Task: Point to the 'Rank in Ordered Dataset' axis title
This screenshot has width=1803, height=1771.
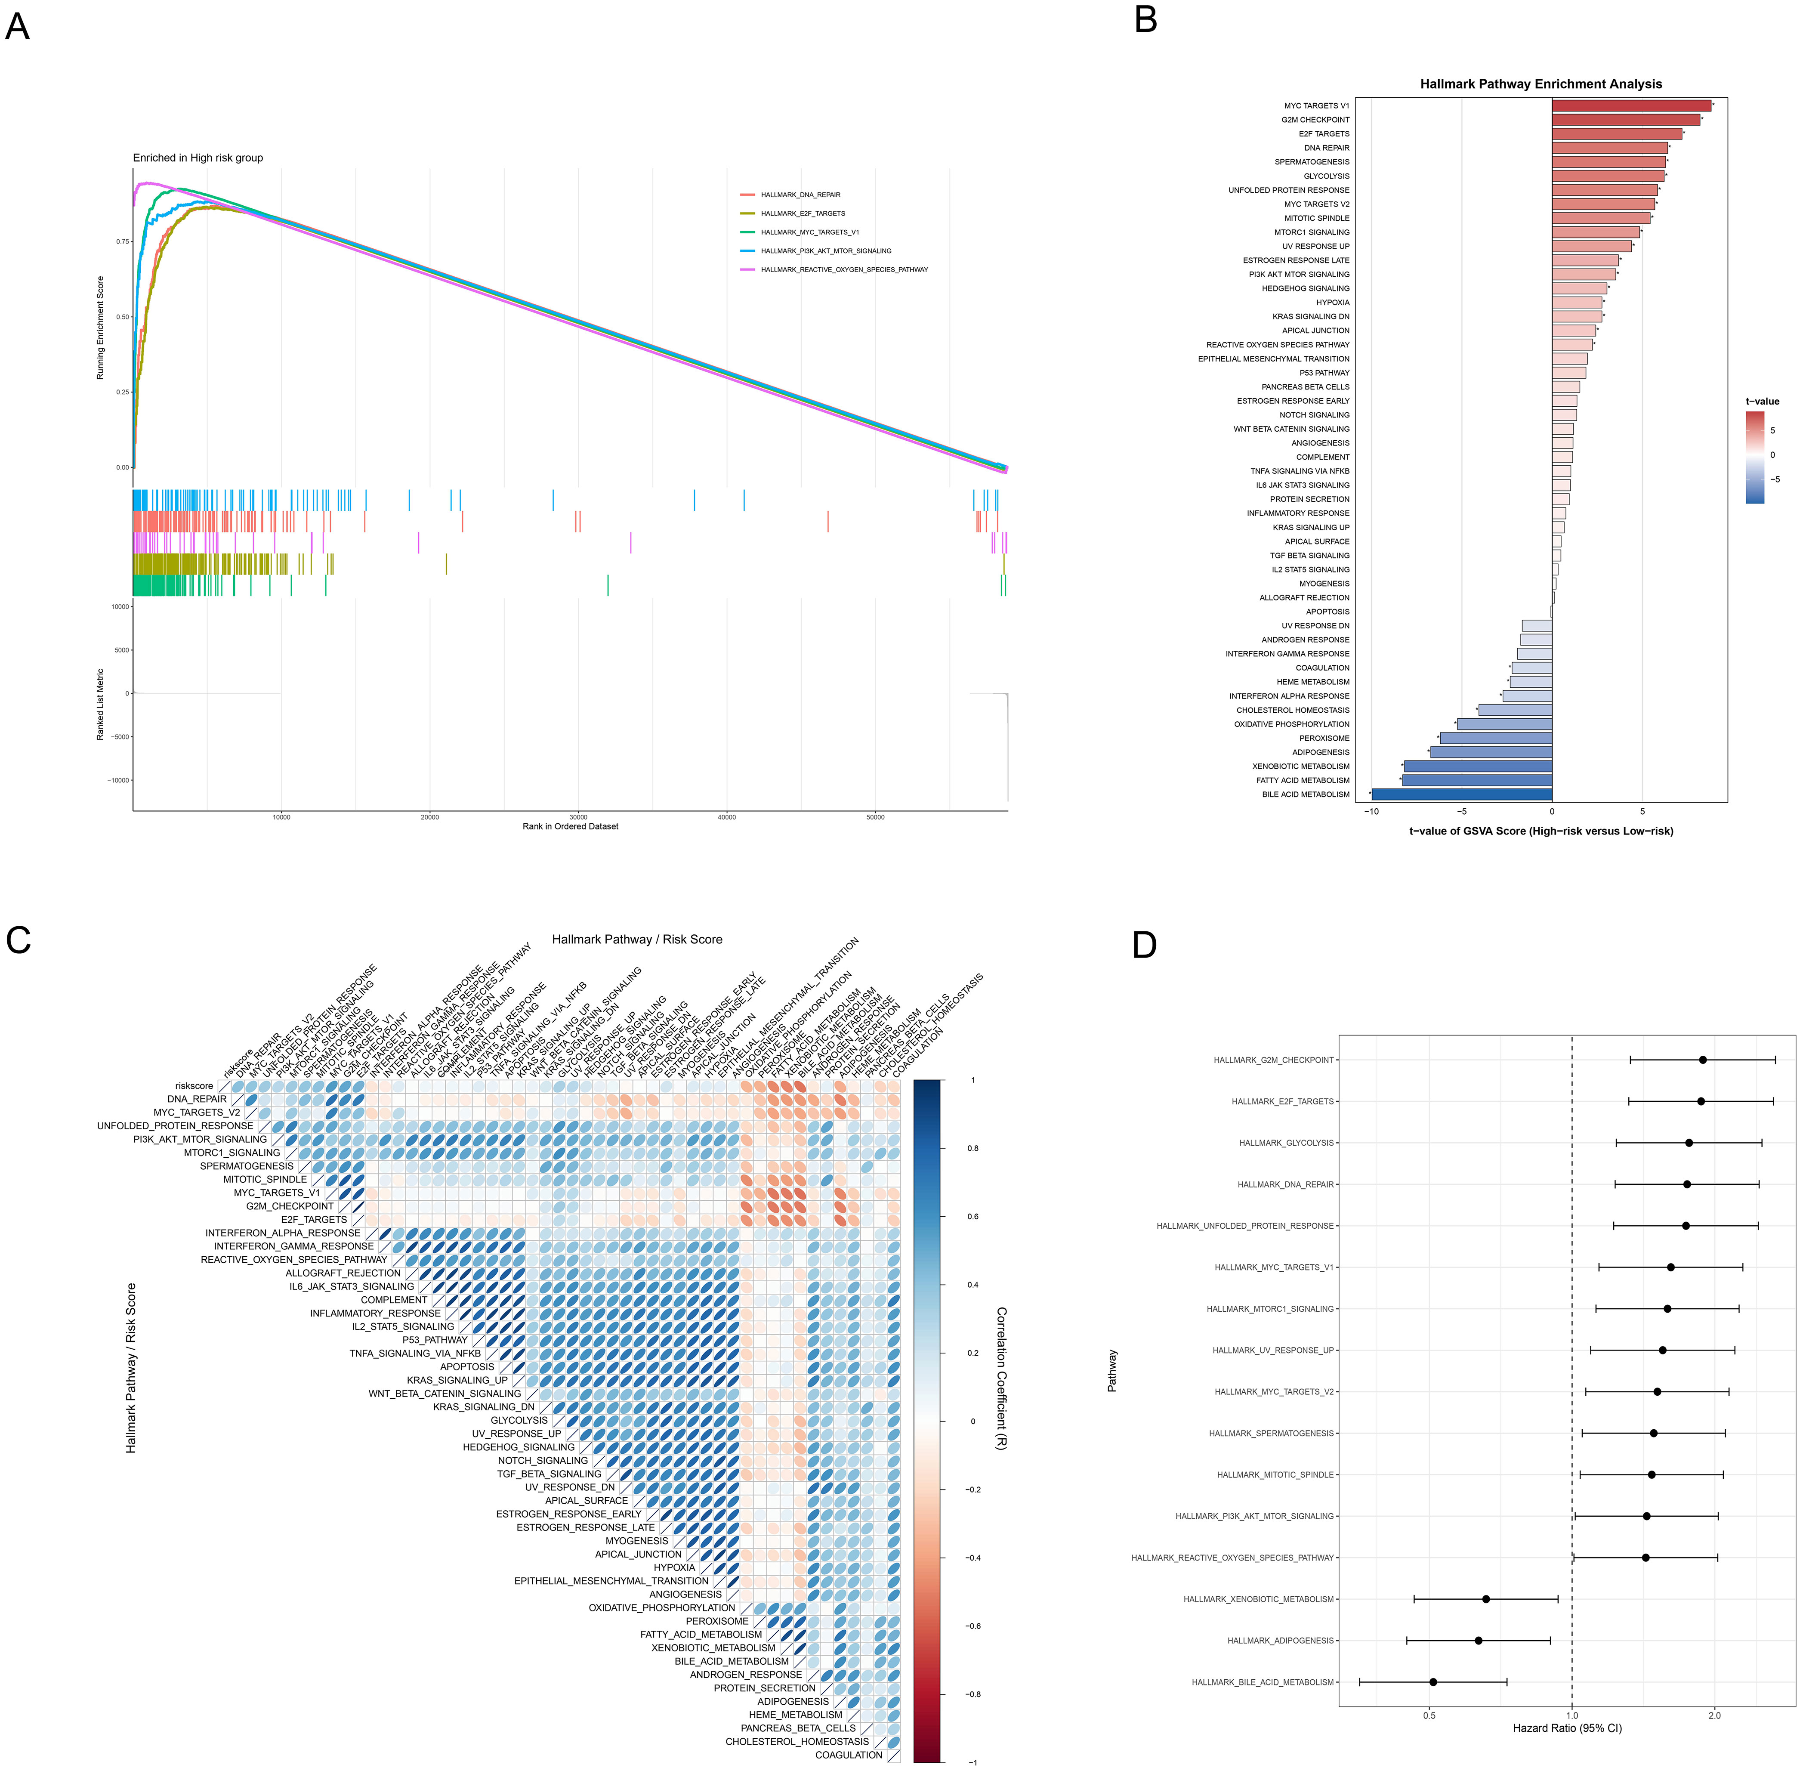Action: click(x=570, y=826)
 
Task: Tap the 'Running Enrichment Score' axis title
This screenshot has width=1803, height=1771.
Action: click(x=100, y=328)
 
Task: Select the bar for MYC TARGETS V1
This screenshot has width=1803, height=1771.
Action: click(x=1631, y=105)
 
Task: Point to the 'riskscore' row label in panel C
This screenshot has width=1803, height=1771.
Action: click(x=195, y=1085)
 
